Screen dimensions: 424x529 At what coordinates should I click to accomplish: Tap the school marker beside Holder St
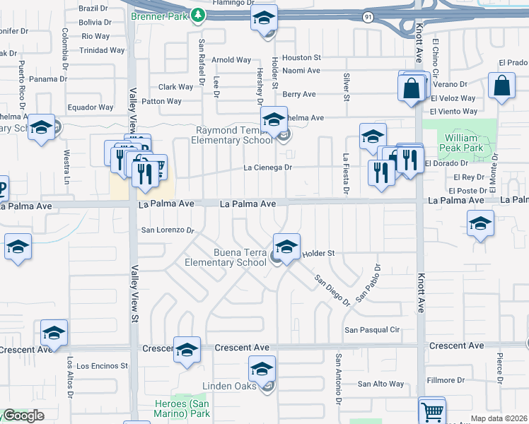[286, 247]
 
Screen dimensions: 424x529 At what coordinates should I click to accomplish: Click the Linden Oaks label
[231, 386]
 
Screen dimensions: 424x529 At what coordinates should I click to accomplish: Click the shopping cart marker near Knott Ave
[433, 411]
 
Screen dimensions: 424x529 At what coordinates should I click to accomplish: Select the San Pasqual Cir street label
[372, 330]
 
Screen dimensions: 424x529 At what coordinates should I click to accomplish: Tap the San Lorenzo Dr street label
[168, 230]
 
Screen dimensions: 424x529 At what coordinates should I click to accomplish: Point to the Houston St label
[301, 57]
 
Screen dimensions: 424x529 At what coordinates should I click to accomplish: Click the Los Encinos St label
[102, 366]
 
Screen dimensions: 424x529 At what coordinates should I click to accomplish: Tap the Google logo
[23, 416]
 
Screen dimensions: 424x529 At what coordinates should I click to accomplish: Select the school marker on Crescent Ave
[187, 350]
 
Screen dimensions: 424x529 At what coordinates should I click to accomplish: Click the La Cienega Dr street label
[268, 168]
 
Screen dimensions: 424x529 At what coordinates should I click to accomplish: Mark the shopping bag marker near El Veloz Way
[501, 88]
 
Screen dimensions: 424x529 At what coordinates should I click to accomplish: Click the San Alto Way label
[380, 384]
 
